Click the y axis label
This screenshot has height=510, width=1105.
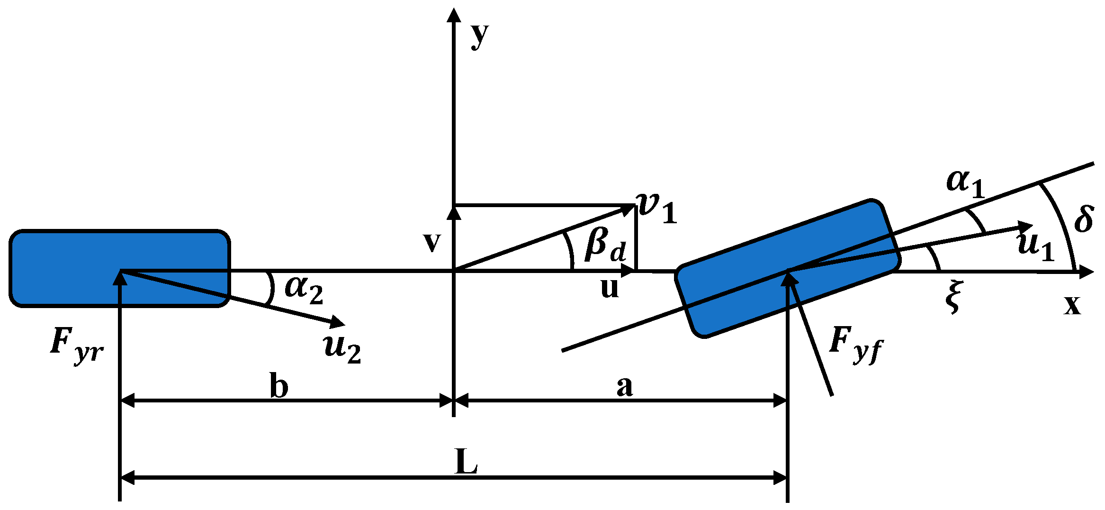[479, 36]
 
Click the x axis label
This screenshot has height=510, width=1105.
[1073, 305]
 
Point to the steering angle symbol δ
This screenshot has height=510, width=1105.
[1084, 219]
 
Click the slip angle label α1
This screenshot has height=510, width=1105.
[964, 183]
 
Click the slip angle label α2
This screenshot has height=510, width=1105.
[303, 290]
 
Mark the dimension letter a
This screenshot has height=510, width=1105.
[624, 386]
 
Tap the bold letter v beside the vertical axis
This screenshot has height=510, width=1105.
[432, 242]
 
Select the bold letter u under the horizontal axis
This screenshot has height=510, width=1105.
[610, 288]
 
